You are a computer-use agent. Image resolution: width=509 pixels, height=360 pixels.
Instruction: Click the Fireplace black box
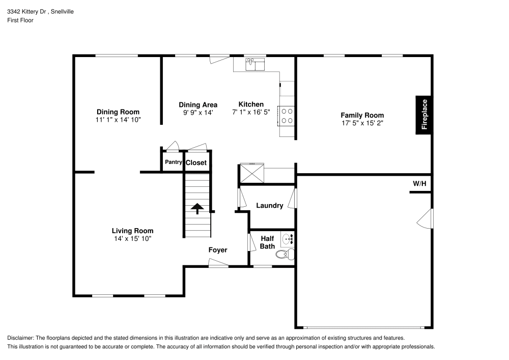coord(424,115)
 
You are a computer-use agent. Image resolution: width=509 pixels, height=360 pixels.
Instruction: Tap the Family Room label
coord(362,116)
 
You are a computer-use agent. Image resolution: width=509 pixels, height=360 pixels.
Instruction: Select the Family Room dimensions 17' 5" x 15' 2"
coord(362,123)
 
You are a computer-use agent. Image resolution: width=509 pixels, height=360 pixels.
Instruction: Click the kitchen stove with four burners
coord(287,116)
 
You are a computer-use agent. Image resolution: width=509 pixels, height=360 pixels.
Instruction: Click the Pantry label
coord(173,162)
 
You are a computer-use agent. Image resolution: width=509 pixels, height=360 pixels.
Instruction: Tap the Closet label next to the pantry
coord(196,163)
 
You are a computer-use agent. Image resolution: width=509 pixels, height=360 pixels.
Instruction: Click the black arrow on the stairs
coord(196,208)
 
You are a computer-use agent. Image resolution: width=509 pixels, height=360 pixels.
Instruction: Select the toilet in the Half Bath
coord(284,255)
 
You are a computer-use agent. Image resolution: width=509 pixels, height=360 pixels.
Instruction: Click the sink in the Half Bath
coord(288,238)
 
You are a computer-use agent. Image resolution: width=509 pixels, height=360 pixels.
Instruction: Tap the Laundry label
coord(269,206)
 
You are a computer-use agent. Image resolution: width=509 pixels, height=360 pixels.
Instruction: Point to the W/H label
coord(419,183)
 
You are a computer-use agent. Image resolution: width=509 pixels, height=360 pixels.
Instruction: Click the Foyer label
coord(218,250)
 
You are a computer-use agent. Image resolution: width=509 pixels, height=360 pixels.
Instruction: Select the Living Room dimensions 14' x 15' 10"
coord(132,238)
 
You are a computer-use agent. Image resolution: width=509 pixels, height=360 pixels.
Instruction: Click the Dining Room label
coord(118,112)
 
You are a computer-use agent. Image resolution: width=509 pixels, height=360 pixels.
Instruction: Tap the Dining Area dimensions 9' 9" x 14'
coord(197,113)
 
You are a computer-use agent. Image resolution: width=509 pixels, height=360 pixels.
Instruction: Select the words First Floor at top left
coord(20,20)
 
